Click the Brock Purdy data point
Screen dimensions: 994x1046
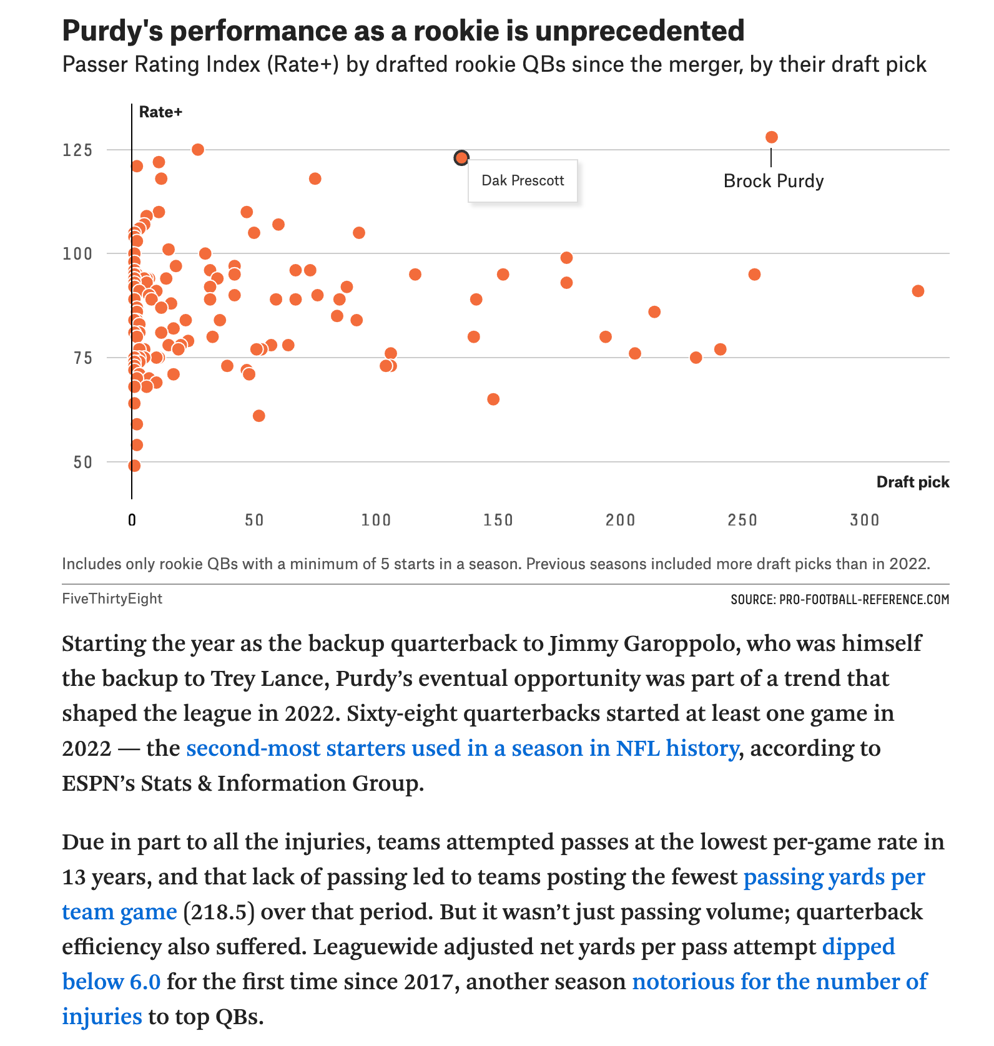click(772, 137)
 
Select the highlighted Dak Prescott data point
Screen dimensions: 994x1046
click(461, 158)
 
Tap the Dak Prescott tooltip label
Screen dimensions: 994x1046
click(523, 181)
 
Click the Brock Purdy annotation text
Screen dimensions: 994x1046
click(774, 181)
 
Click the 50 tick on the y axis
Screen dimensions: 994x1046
click(82, 462)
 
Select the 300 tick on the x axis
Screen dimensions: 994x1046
click(865, 520)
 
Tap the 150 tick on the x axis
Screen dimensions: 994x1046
click(498, 520)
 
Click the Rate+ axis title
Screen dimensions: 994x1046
click(160, 112)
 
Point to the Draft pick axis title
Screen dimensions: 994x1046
click(913, 482)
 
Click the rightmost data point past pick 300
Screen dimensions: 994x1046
click(918, 291)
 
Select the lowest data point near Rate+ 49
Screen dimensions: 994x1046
click(134, 466)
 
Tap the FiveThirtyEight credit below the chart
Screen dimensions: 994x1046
click(112, 599)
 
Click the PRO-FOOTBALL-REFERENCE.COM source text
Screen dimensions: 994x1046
click(865, 600)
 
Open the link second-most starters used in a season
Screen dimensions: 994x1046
click(462, 748)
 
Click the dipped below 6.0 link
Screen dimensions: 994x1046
click(479, 964)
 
